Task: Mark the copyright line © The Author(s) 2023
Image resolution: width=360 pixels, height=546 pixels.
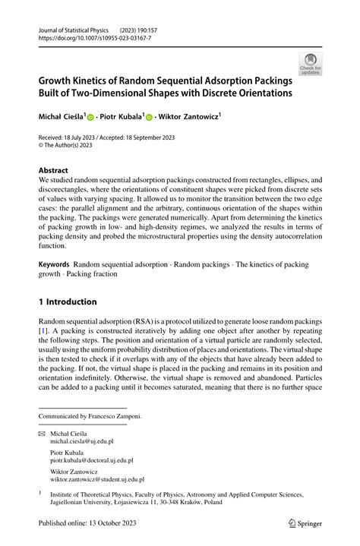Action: coord(71,146)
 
